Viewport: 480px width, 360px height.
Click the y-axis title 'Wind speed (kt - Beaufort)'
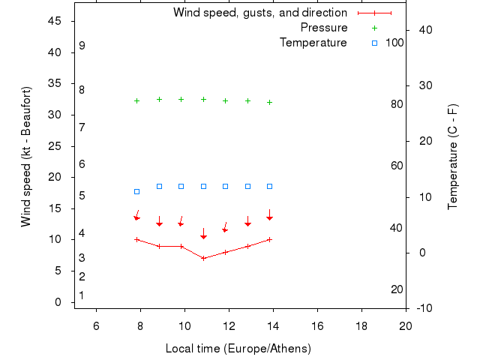click(25, 156)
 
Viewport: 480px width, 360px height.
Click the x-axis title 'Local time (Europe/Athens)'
click(238, 349)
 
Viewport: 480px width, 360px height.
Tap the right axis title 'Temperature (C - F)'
click(453, 157)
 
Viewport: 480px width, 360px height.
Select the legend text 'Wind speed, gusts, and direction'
click(260, 13)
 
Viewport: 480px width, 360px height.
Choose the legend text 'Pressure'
click(324, 28)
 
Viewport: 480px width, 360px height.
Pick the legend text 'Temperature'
click(313, 43)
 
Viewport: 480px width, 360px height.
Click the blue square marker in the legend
click(375, 43)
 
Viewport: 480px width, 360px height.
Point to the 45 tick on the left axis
click(55, 21)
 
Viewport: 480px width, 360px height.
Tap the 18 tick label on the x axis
click(361, 325)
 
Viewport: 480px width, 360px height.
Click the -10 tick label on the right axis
click(423, 308)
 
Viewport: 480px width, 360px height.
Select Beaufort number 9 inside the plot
click(82, 46)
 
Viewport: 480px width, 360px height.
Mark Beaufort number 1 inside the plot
click(81, 295)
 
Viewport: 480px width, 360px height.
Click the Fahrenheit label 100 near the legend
click(394, 43)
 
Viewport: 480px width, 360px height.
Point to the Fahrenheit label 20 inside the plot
click(397, 289)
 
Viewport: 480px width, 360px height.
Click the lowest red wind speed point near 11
click(203, 258)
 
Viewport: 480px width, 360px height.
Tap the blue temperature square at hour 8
click(136, 192)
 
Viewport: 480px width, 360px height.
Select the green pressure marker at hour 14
click(269, 102)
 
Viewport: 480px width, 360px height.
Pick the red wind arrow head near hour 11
click(203, 237)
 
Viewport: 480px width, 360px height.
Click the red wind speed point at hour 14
click(269, 239)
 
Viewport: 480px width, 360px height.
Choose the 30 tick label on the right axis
click(422, 85)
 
